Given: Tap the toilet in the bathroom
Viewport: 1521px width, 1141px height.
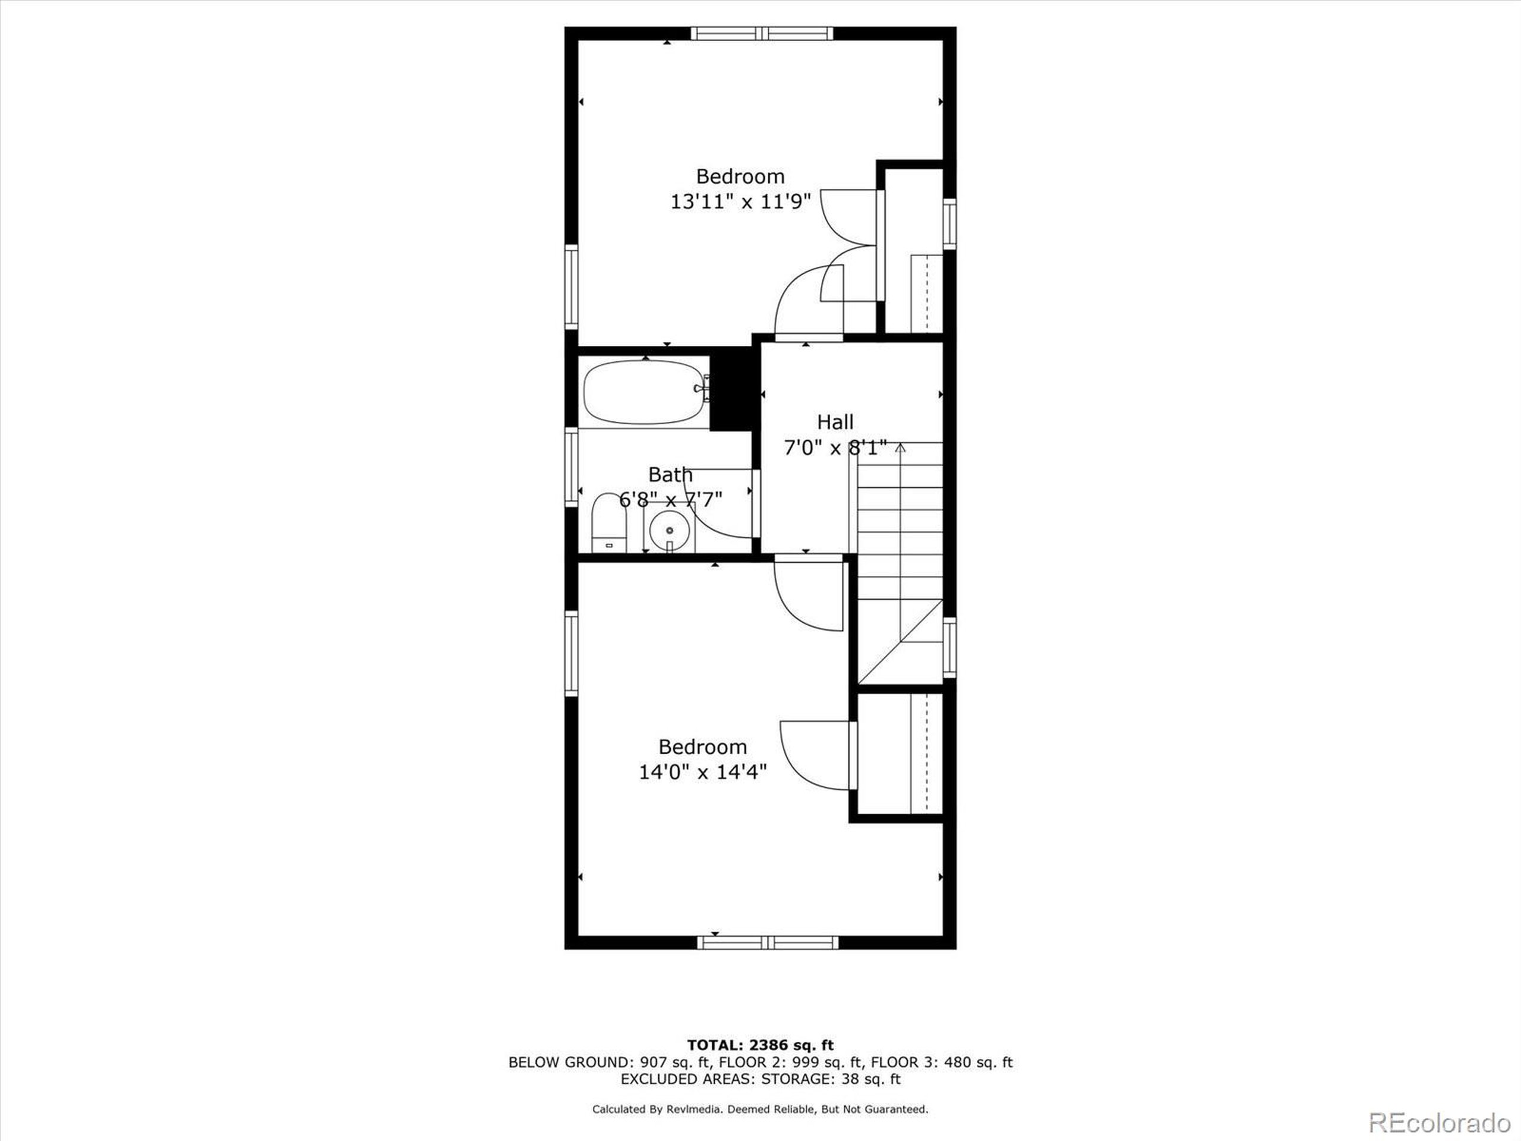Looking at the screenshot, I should click(608, 523).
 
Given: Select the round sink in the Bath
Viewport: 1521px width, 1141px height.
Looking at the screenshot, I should click(669, 531).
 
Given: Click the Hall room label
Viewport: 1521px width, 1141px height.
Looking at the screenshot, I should click(835, 421).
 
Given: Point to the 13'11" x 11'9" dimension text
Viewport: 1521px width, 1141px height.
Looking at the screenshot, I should click(740, 201).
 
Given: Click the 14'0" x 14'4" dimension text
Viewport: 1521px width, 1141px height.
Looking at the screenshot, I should click(703, 773).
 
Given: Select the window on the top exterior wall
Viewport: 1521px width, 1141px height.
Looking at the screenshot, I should click(761, 33).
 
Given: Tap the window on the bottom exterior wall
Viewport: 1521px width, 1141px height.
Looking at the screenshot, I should click(768, 943).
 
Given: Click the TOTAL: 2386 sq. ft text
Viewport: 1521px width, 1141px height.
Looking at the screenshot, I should click(760, 1045).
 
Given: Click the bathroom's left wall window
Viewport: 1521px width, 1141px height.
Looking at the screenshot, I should click(571, 467).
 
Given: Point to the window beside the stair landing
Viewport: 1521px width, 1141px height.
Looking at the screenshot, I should click(949, 647).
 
